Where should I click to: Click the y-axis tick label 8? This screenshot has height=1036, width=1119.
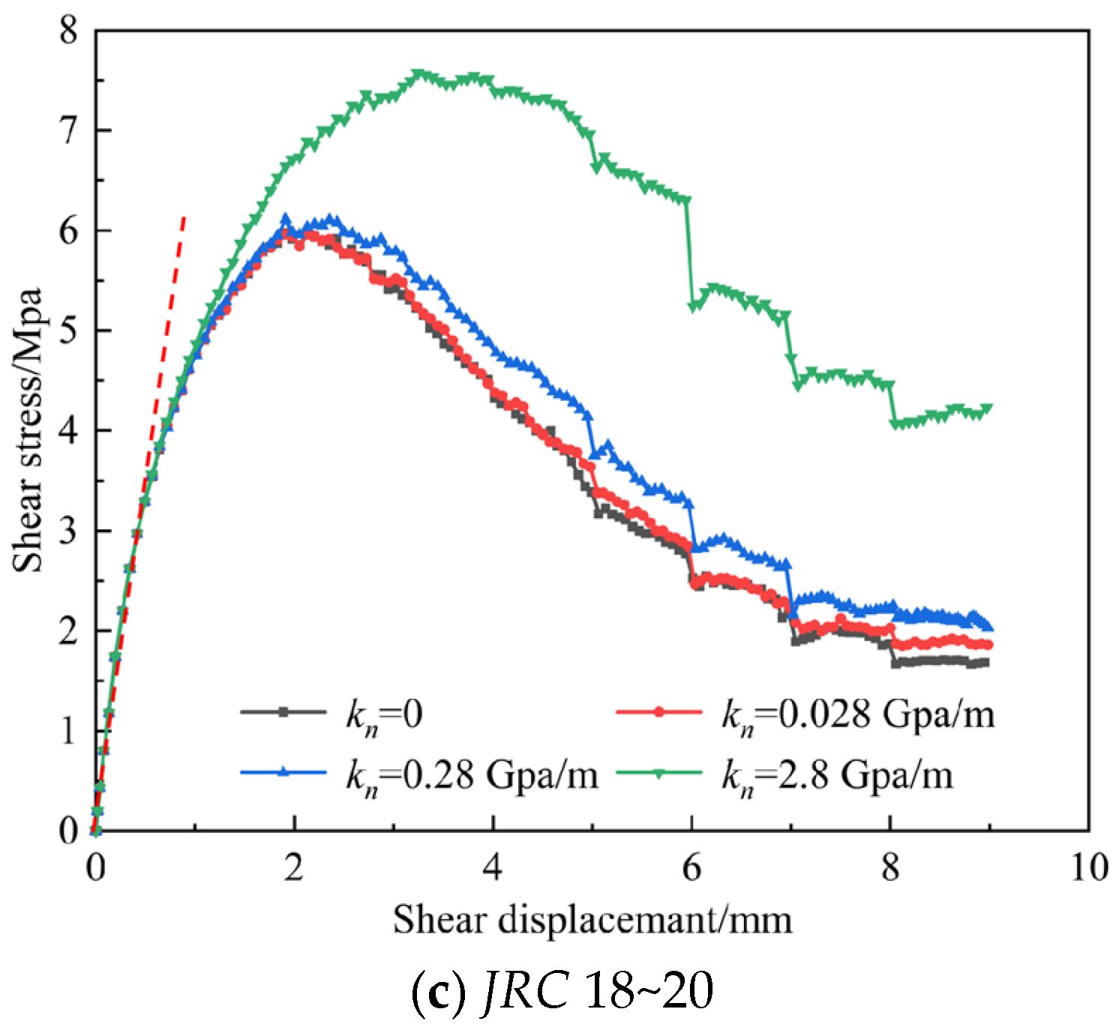[69, 31]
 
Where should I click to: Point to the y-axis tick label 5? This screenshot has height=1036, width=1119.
[69, 331]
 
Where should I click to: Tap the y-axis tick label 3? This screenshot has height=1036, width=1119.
[69, 531]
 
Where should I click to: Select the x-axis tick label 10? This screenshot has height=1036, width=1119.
[1088, 867]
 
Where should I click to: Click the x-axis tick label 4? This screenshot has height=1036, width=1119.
[492, 867]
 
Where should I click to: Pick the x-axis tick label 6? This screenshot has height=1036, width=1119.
[691, 867]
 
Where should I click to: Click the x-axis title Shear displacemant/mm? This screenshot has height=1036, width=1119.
[592, 919]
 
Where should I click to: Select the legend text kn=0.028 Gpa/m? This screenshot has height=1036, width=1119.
[857, 714]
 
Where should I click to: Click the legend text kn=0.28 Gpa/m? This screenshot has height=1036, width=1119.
[472, 774]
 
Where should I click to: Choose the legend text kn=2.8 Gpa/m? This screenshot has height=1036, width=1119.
[837, 774]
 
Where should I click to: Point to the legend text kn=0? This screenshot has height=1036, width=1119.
[384, 714]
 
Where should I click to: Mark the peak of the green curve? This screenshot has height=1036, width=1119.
[418, 73]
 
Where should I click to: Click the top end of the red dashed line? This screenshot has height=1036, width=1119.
[184, 216]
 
